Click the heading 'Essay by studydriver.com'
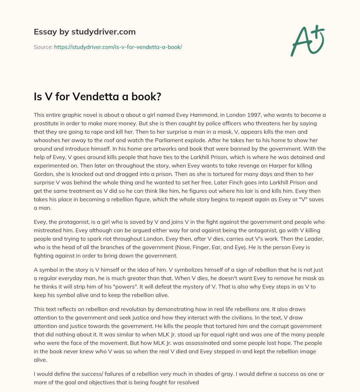[85, 32]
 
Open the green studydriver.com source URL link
[118, 47]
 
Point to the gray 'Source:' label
[43, 47]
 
